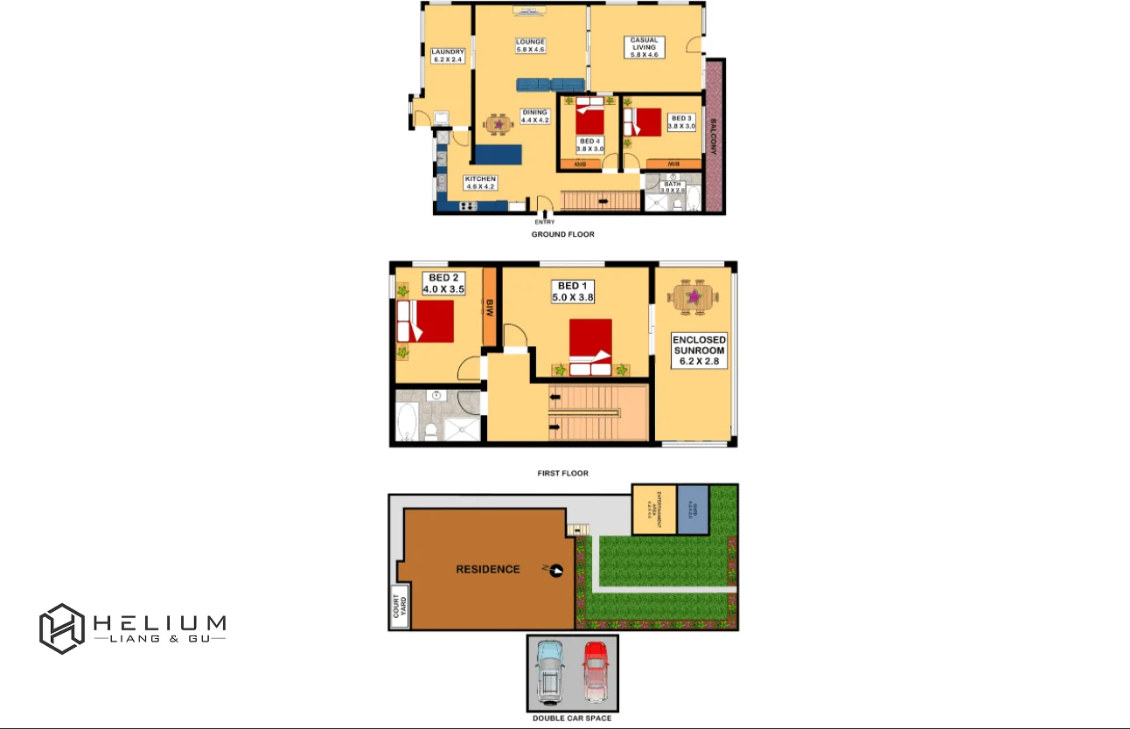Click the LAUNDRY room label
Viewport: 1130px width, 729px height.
pos(448,56)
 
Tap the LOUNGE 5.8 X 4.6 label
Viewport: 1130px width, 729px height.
pos(530,45)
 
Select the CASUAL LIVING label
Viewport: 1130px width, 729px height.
pos(644,47)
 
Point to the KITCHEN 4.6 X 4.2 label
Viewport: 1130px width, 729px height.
pos(480,183)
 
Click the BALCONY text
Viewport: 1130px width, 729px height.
pos(714,135)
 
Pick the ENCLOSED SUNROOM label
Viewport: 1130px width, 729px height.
pos(699,351)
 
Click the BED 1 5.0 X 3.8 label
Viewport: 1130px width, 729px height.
pos(573,292)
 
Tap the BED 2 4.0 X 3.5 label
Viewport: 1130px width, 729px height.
pos(443,283)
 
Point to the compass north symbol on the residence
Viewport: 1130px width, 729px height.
pos(554,570)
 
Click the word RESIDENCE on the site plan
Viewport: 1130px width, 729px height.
pos(488,569)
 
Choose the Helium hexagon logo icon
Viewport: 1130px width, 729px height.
pos(61,628)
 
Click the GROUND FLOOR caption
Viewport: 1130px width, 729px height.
pos(562,234)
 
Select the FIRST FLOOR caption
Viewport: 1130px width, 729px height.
pos(562,473)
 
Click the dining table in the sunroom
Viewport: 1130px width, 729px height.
pos(694,297)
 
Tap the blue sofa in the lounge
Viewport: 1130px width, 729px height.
pos(549,84)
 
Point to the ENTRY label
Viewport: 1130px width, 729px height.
pos(544,222)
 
